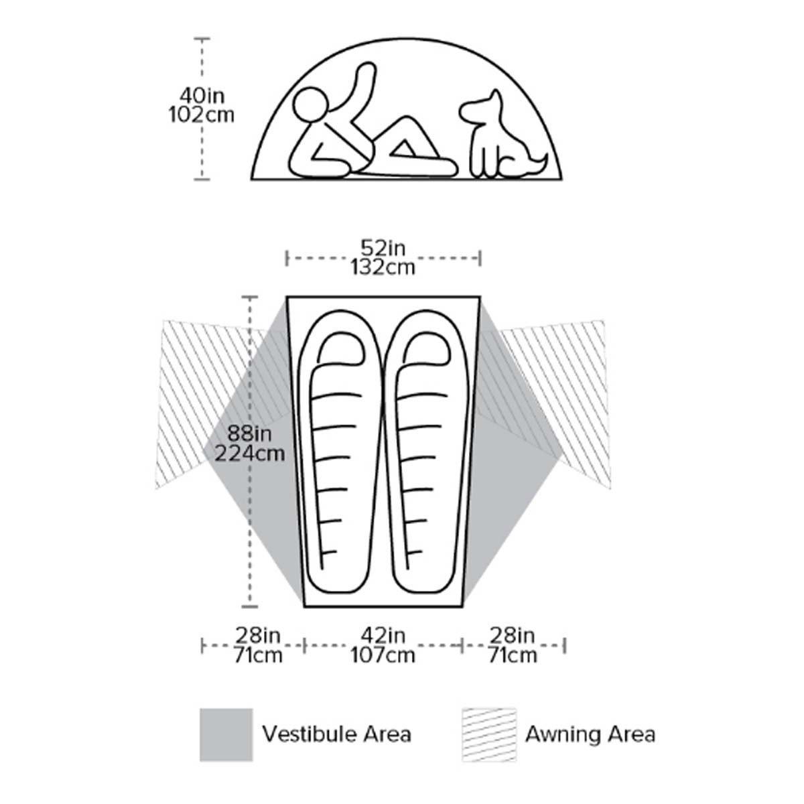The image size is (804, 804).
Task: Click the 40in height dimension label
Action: (202, 96)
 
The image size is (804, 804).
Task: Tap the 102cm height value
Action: (201, 115)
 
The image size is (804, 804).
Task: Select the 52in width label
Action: (383, 249)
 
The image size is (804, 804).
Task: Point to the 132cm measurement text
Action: (383, 267)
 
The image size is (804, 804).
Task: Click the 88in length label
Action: (249, 434)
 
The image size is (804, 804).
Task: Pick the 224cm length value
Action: (249, 453)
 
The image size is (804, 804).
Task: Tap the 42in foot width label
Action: (383, 635)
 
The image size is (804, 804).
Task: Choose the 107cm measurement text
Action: (383, 655)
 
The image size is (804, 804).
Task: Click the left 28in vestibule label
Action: (258, 635)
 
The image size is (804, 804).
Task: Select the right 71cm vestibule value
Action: (513, 655)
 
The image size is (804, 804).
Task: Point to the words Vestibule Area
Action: (337, 734)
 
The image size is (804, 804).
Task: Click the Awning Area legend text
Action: (590, 734)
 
